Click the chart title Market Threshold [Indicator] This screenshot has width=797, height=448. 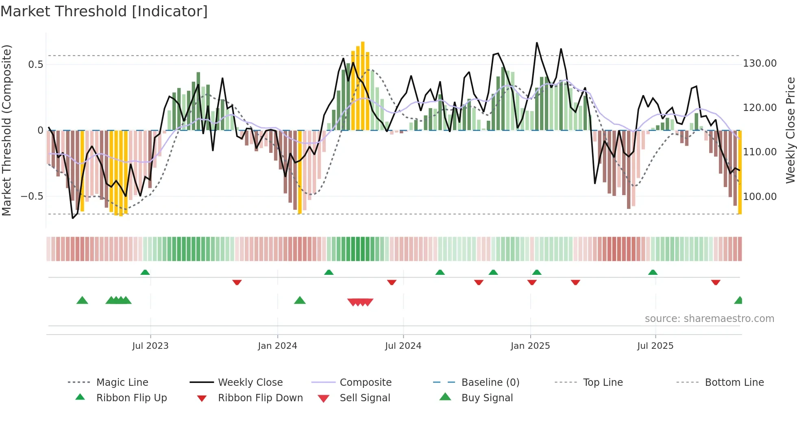point(104,11)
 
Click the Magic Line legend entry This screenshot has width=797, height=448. point(122,383)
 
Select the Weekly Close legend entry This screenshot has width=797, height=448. point(250,383)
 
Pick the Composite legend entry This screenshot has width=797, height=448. point(365,383)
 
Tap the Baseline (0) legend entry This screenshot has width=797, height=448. point(490,383)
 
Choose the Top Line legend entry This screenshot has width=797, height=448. point(603,383)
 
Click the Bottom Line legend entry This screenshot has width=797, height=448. point(734,383)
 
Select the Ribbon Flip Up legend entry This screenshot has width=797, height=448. point(131,398)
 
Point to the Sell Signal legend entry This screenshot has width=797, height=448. point(364,398)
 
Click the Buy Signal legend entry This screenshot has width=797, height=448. point(487,398)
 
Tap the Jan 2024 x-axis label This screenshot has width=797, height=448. point(277,346)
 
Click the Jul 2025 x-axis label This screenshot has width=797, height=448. point(655,346)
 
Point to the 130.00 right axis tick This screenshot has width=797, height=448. point(760,63)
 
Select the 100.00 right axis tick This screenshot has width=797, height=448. point(760,197)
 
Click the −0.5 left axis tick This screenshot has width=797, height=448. point(32,196)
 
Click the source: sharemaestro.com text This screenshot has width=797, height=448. point(709,319)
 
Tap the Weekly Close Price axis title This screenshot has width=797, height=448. point(790,130)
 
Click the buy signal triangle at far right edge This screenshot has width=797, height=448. point(738,301)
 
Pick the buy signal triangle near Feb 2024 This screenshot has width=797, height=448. point(300,301)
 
